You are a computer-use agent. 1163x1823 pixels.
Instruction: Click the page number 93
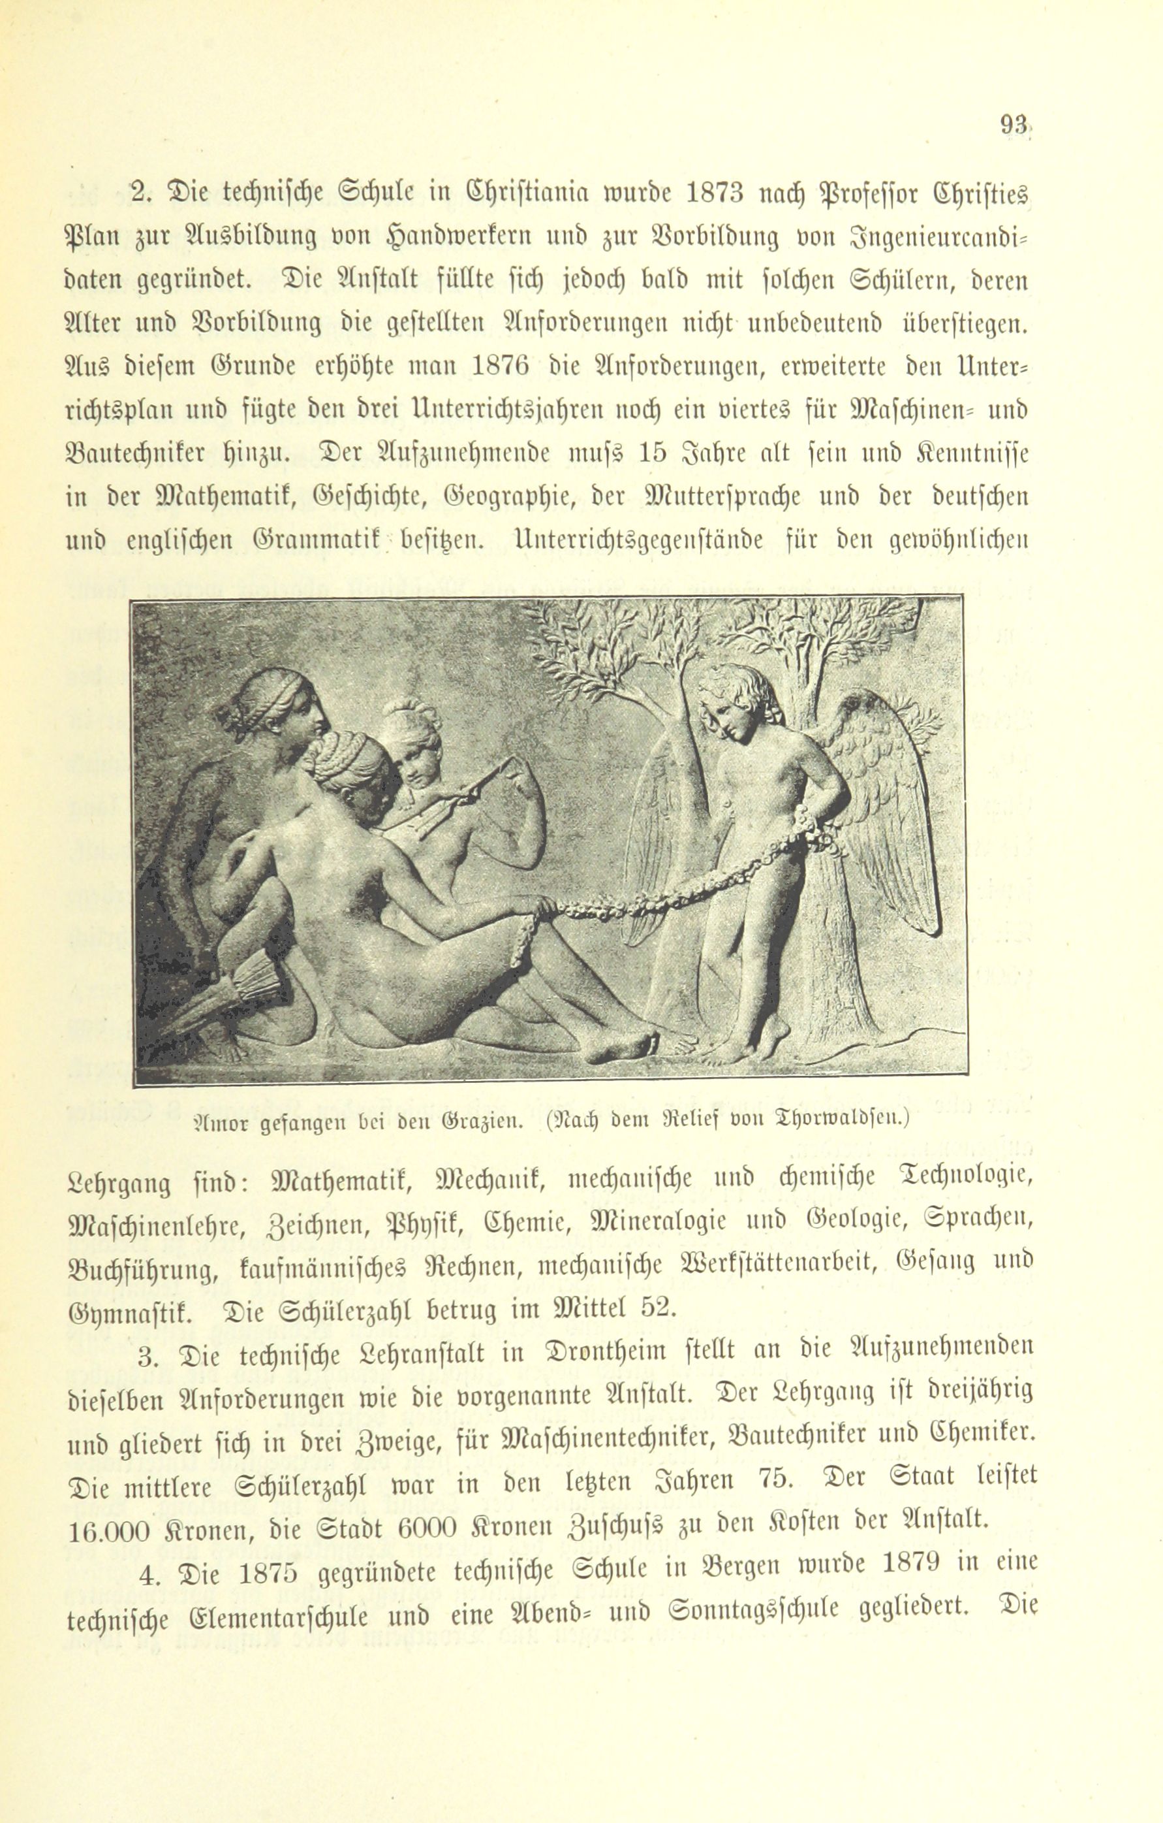pos(1013,123)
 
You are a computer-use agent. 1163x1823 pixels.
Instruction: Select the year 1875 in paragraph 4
pos(275,1574)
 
